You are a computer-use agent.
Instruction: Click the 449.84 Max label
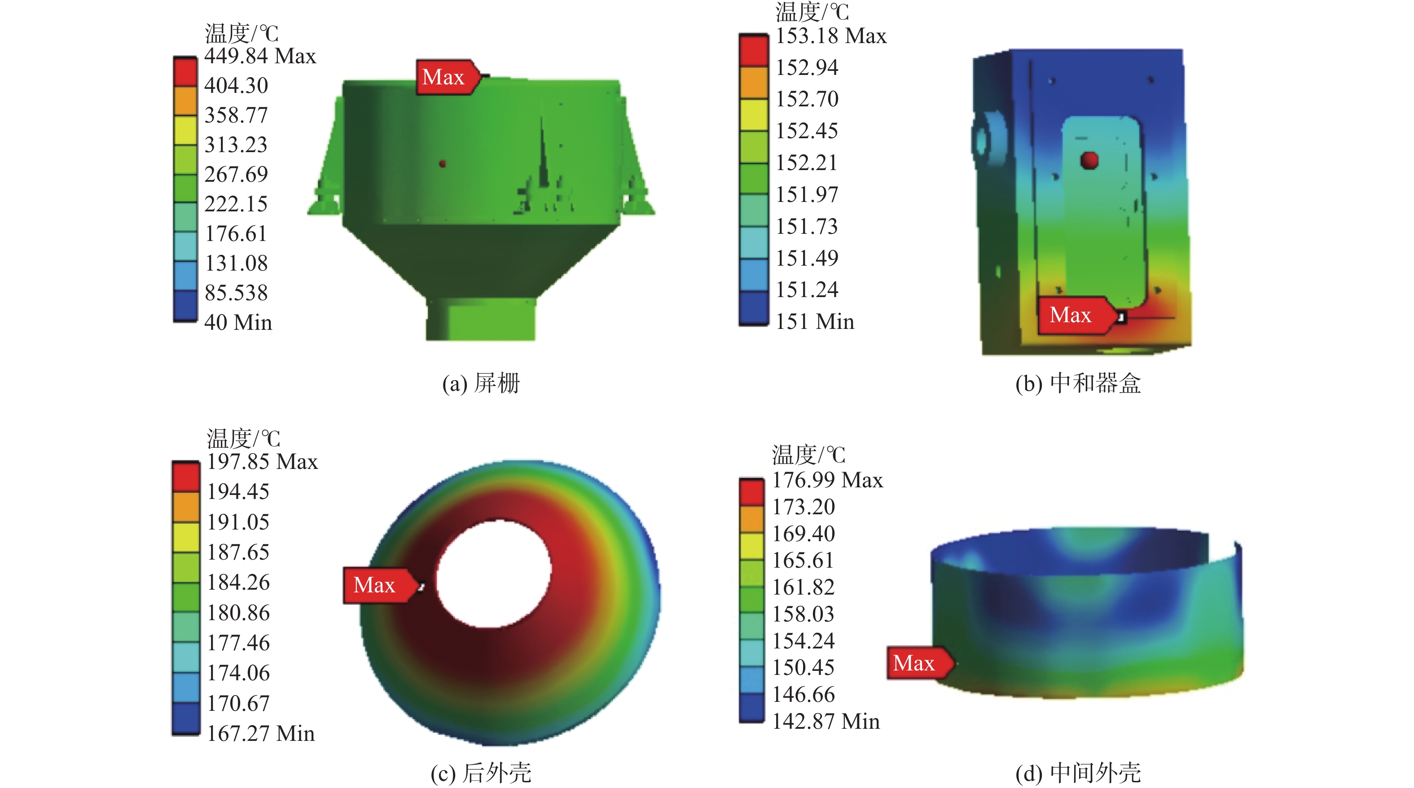259,56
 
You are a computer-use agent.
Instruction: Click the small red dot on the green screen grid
443,163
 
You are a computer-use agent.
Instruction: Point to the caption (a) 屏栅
481,383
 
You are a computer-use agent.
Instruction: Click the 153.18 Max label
830,35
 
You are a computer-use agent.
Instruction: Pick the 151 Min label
815,322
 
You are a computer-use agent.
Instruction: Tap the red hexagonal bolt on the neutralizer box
1089,160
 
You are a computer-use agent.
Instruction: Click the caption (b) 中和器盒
1078,383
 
